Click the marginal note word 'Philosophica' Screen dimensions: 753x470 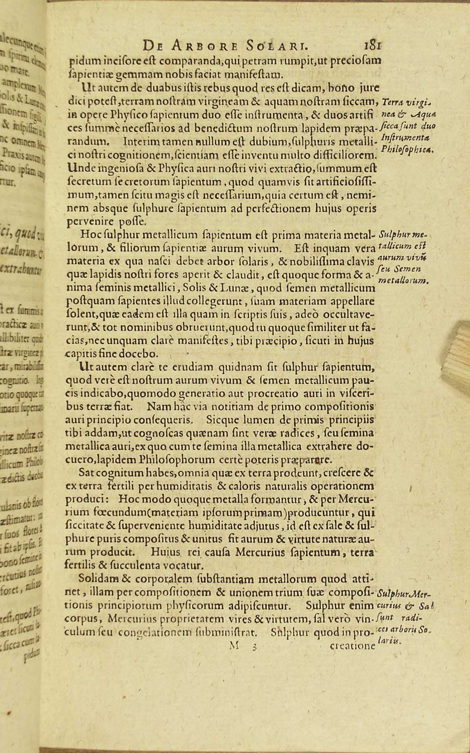407,149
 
